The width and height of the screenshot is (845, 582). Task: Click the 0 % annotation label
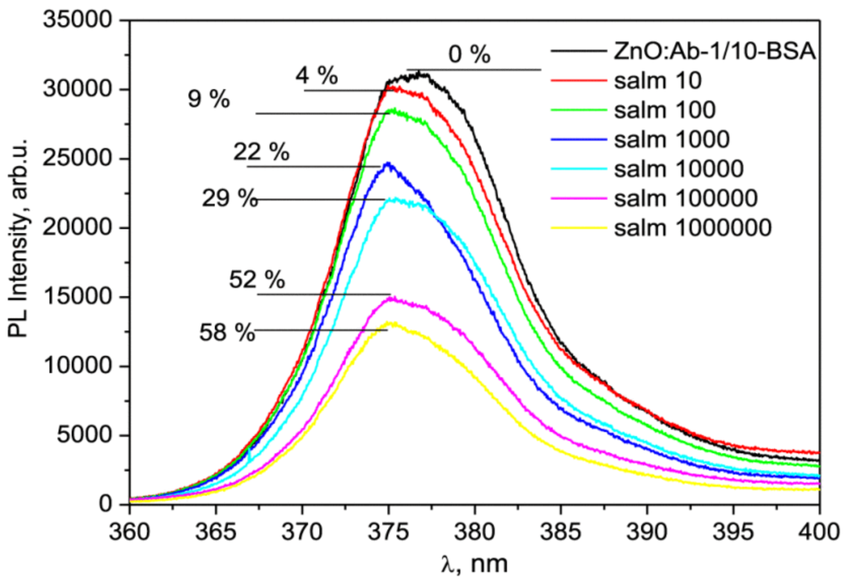click(469, 55)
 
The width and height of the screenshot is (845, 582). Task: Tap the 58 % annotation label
click(227, 333)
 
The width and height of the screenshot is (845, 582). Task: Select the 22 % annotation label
click(261, 152)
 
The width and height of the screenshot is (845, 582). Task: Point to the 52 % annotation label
click(257, 280)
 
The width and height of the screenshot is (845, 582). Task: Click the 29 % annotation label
click(229, 198)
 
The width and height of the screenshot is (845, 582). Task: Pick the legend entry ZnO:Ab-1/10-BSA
click(715, 51)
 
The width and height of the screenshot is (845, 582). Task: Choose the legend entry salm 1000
click(672, 139)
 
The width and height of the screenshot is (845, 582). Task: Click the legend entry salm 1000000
click(692, 227)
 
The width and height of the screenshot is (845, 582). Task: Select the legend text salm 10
click(658, 80)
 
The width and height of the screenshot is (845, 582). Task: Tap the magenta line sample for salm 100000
click(578, 198)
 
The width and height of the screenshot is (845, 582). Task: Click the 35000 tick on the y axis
click(77, 21)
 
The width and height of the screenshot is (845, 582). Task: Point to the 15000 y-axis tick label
click(77, 297)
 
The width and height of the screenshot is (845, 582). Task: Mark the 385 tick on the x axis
click(560, 532)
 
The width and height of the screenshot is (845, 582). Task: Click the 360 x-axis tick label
click(129, 532)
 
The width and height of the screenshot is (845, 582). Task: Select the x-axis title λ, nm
click(474, 564)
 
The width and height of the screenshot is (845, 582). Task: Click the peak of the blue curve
click(388, 163)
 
